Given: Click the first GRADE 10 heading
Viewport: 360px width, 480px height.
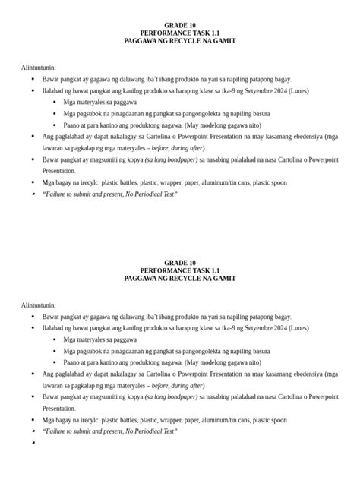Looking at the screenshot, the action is pos(180,25).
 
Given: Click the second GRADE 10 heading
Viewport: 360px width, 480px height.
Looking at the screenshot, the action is pos(180,262).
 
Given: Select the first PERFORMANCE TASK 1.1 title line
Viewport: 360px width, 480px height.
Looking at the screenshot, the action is pos(180,33).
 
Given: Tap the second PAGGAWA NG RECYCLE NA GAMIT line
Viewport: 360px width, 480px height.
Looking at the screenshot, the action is pos(180,279).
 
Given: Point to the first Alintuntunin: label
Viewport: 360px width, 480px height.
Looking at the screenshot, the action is pos(39,68).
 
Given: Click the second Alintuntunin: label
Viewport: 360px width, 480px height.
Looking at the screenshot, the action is pos(39,305).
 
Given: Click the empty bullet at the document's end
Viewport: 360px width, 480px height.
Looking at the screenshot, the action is pos(35,443).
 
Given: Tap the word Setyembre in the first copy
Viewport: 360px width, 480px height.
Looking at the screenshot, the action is pos(248,90).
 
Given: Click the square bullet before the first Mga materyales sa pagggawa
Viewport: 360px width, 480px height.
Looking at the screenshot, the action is pos(55,102).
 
